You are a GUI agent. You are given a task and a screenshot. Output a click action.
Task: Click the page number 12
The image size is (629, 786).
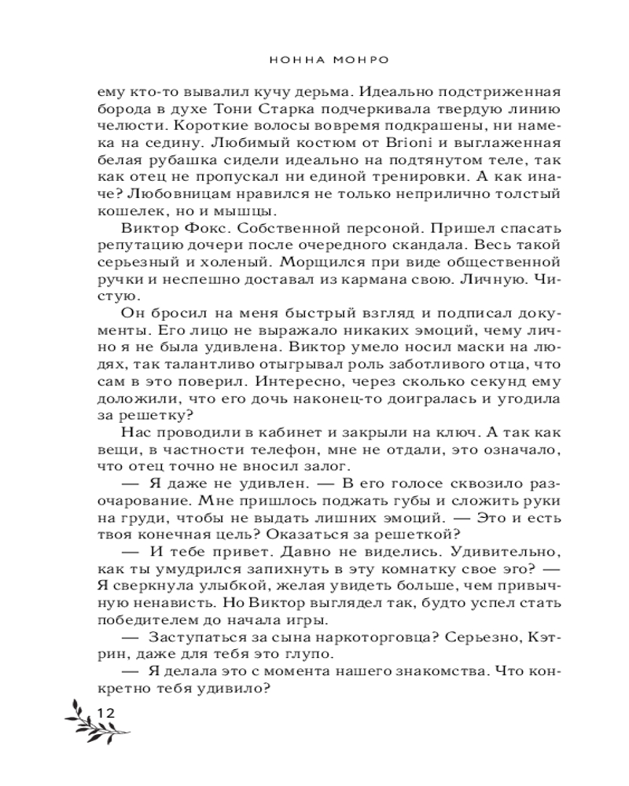coord(105,712)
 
